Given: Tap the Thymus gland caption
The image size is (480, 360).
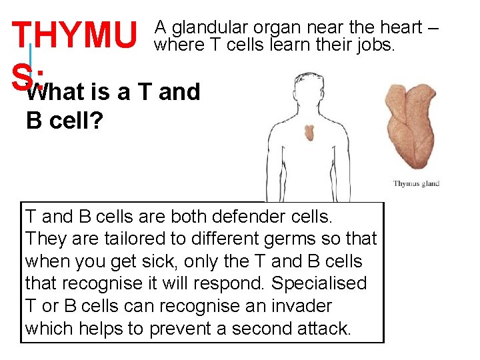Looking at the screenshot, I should pyautogui.click(x=416, y=184).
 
